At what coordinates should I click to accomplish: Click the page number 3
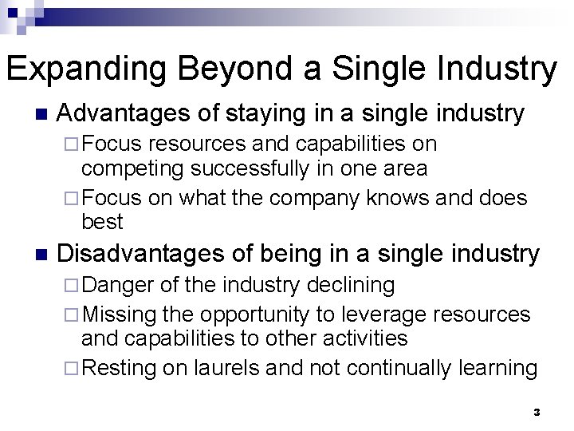(537, 413)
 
